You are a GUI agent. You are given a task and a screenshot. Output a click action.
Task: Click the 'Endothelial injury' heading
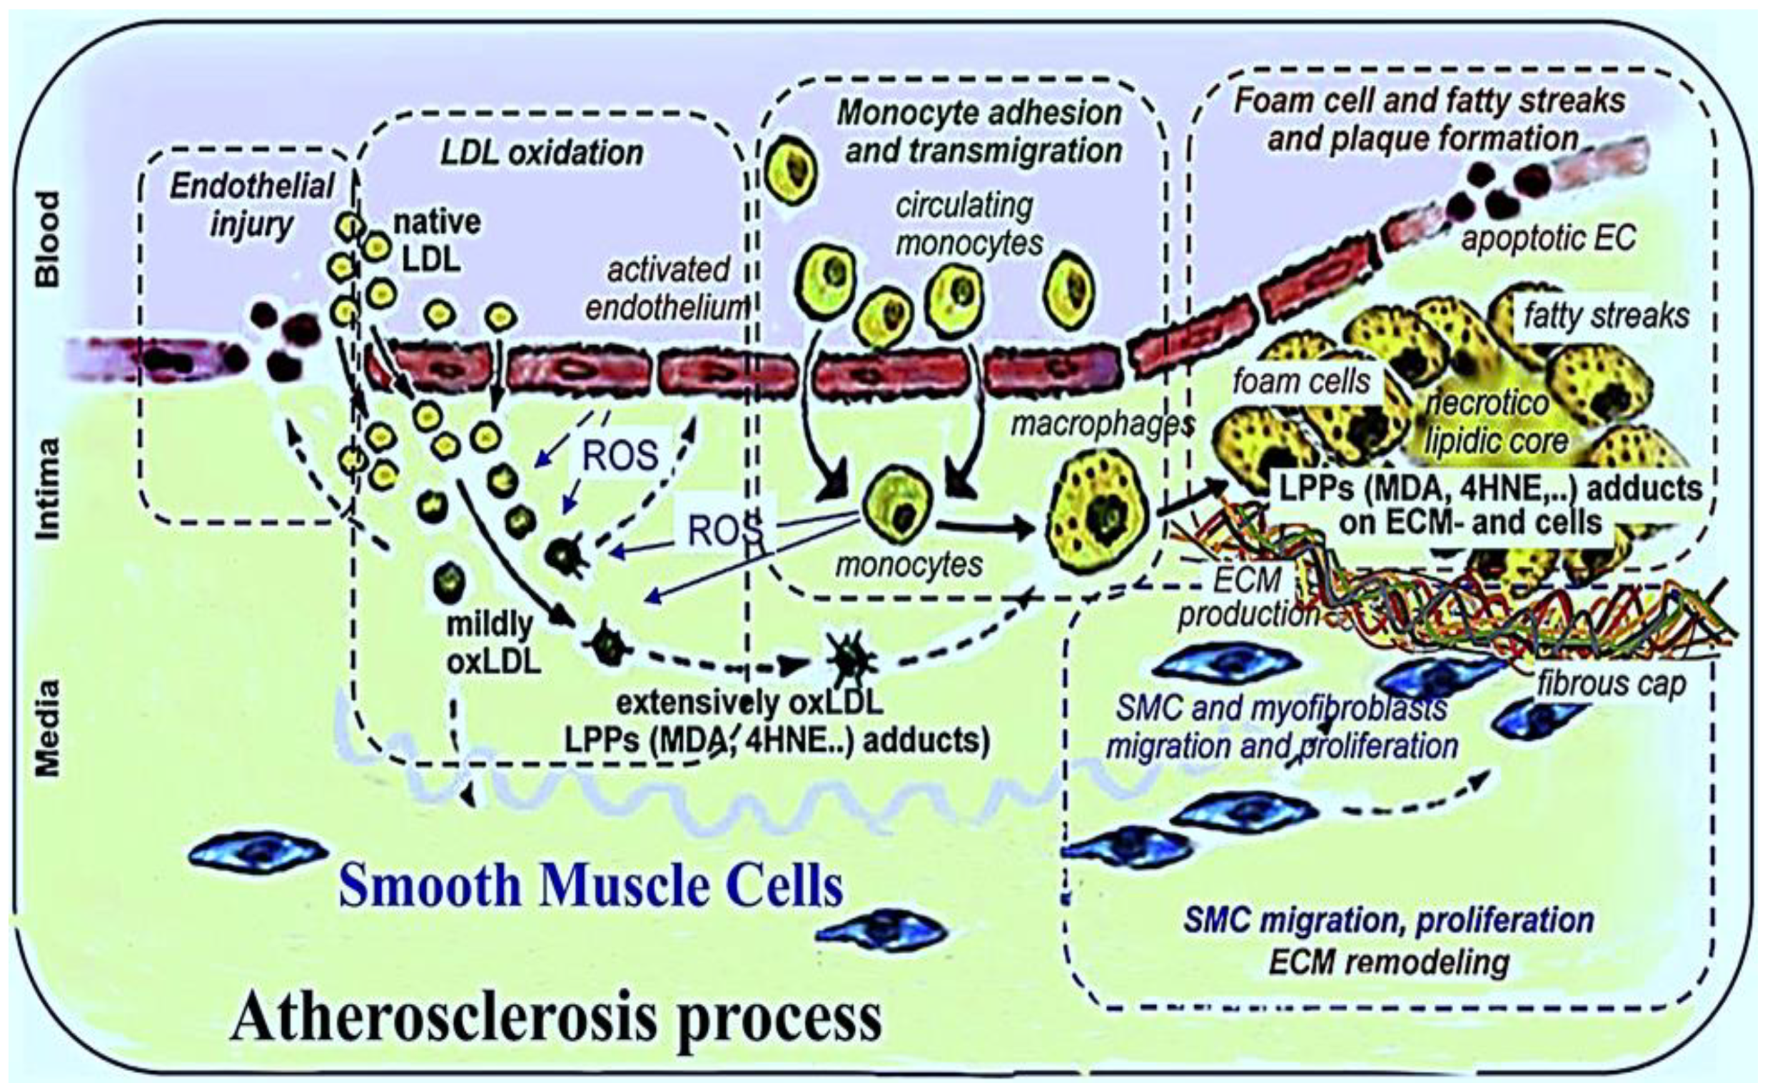(251, 206)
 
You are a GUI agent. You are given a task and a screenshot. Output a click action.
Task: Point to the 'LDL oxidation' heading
(541, 153)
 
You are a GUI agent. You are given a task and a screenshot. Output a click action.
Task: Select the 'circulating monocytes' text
(968, 224)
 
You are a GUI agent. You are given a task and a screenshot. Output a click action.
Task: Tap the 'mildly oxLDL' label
(493, 642)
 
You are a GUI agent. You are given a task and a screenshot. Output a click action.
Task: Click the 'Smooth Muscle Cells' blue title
(590, 885)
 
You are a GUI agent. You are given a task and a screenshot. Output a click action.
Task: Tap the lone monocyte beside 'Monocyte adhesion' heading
(791, 171)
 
